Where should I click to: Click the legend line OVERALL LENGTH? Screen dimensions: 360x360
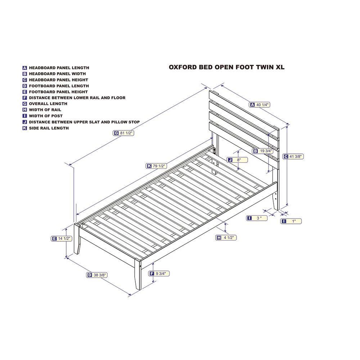pyautogui.click(x=48, y=104)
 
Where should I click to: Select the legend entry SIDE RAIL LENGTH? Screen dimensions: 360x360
pyautogui.click(x=49, y=128)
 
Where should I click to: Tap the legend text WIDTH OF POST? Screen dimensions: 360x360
pyautogui.click(x=46, y=116)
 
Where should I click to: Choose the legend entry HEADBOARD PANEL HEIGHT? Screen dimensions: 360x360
pyautogui.click(x=58, y=80)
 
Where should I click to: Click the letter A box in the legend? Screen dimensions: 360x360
pyautogui.click(x=24, y=68)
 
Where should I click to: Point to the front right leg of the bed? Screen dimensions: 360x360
pyautogui.click(x=138, y=275)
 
